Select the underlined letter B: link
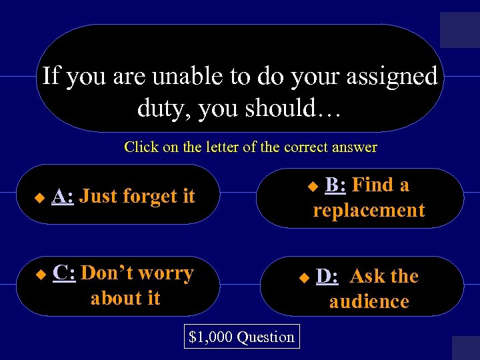pos(336,185)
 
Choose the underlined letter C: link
pos(64,273)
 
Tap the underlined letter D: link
pos(327,276)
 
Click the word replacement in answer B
pos(369,211)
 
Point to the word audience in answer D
pos(369,302)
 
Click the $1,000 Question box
pos(241,337)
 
